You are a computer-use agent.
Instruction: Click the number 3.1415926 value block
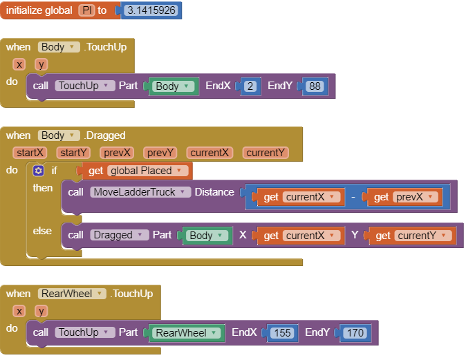151,11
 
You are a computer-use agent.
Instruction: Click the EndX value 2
250,86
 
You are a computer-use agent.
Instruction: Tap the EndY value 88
315,86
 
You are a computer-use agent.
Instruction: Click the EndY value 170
355,333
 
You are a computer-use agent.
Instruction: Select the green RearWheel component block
186,333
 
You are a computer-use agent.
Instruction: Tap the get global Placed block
136,171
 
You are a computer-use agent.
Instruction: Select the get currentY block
412,236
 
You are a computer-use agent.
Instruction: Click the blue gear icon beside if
39,171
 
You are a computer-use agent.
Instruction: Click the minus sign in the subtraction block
353,197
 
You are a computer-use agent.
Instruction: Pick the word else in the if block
42,231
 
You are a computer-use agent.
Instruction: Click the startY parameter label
74,153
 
